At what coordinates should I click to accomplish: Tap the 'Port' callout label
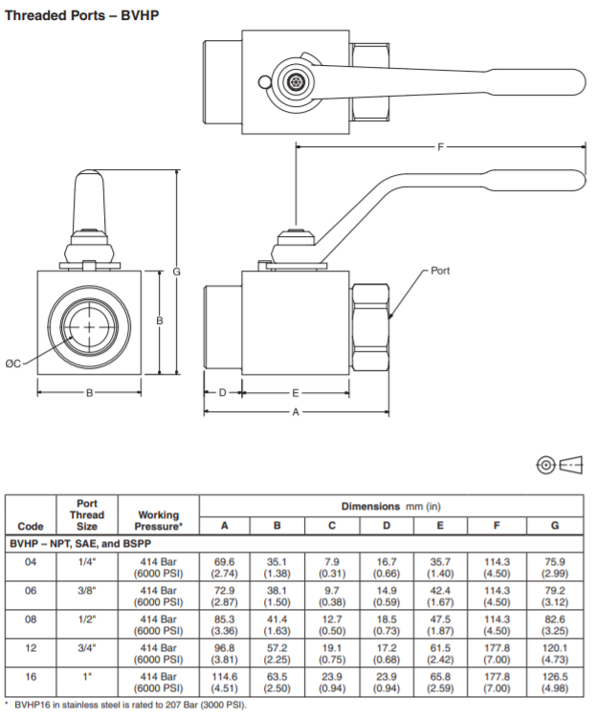[440, 272]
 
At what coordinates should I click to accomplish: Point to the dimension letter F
[440, 147]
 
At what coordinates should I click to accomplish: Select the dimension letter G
[177, 272]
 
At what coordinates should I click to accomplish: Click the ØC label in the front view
[13, 363]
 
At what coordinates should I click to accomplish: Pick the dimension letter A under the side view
[296, 412]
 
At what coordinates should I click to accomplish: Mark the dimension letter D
[222, 392]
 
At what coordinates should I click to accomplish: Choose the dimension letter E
[296, 392]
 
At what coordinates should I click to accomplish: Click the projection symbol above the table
[560, 466]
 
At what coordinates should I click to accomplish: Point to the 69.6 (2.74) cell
[224, 568]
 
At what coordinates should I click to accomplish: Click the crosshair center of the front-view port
[90, 327]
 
